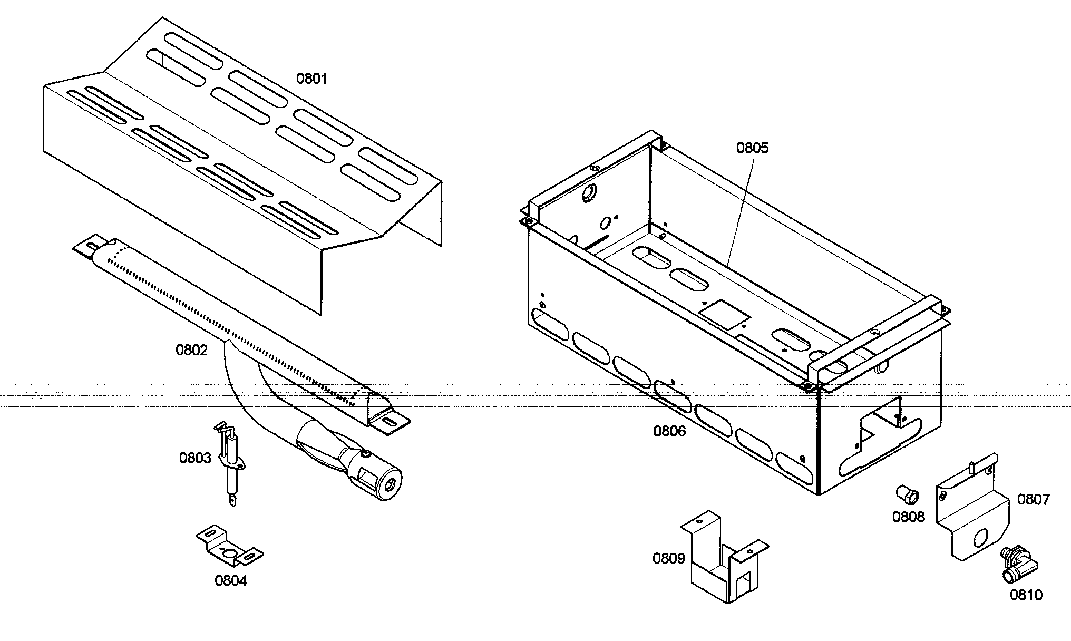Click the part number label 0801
click(x=311, y=79)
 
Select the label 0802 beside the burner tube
click(x=191, y=350)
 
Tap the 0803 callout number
click(x=195, y=458)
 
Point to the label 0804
click(x=230, y=580)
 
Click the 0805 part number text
click(x=752, y=148)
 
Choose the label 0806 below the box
click(x=669, y=431)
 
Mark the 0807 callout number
click(x=1033, y=499)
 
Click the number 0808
click(x=908, y=517)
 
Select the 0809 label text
click(x=668, y=558)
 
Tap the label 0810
click(x=1026, y=595)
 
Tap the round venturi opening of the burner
click(x=390, y=483)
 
